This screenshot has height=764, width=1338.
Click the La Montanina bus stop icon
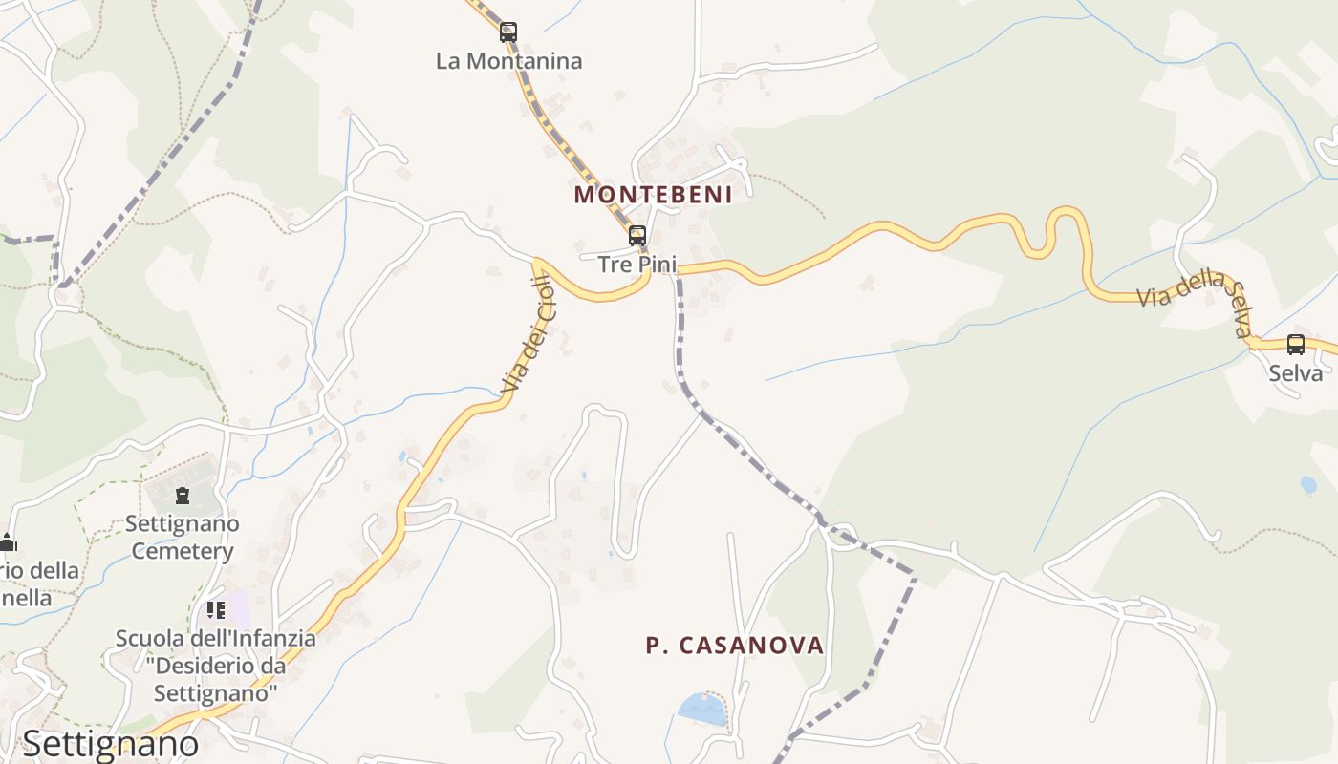508,32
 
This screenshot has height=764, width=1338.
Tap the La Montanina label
508,61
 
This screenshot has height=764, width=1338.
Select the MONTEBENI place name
653,195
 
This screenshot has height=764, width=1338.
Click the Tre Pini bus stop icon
637,235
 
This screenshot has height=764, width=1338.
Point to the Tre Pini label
637,264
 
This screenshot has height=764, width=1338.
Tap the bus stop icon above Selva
1296,345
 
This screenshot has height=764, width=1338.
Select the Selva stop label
1296,372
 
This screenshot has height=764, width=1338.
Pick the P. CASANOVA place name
734,646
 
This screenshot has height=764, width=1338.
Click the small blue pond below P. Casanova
701,709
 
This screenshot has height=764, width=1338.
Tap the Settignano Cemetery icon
183,496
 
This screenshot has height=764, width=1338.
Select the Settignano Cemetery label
183,537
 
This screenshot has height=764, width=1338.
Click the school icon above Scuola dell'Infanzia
216,609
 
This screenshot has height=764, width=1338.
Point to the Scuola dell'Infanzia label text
216,637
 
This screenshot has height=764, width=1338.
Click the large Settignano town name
111,743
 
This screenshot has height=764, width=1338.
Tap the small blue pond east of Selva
1308,485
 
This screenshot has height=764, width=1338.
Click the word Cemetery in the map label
183,551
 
